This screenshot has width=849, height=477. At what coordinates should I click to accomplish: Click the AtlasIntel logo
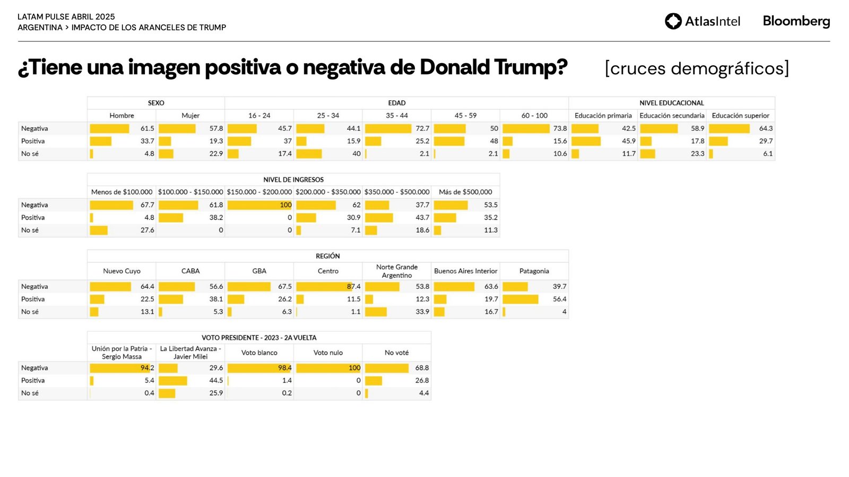(702, 21)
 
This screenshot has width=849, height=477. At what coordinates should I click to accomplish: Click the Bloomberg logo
(796, 21)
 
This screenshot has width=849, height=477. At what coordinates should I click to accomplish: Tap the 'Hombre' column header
(122, 116)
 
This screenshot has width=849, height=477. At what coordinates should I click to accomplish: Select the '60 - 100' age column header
(534, 116)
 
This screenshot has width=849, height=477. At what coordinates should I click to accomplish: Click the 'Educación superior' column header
(740, 116)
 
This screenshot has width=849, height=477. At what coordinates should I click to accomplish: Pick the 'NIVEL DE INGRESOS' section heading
(293, 180)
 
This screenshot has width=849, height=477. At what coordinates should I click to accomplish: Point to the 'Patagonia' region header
(534, 271)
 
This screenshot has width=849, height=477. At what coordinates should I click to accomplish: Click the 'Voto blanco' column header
(259, 352)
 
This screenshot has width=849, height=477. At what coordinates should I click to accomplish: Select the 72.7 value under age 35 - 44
(422, 128)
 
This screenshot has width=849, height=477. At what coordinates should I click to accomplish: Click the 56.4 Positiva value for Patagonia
(559, 299)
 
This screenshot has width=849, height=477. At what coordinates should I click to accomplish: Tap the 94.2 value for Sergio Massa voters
(147, 368)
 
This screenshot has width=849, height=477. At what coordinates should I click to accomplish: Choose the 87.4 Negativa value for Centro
(353, 286)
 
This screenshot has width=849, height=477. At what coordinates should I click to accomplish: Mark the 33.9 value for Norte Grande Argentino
(422, 312)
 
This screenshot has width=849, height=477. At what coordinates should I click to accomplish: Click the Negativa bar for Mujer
(177, 128)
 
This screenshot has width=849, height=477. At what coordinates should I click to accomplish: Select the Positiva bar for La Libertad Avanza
(172, 381)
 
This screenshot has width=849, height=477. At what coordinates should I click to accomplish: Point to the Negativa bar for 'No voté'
(386, 368)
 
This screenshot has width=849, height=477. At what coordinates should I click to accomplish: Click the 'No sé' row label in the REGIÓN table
(30, 312)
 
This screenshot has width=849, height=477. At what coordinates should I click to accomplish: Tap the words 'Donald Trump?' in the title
(493, 67)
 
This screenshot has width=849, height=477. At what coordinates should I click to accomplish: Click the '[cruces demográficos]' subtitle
(697, 68)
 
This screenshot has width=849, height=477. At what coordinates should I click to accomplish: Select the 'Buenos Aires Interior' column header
(465, 271)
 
